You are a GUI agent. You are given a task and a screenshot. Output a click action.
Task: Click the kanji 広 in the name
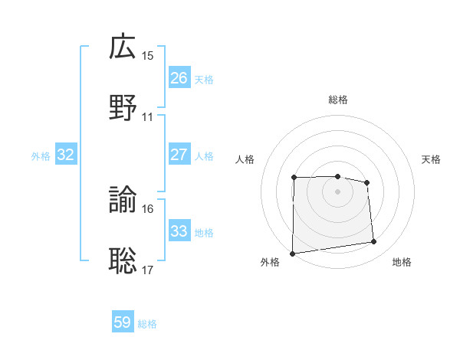(x=123, y=47)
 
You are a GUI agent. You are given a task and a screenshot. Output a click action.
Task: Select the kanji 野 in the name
(x=123, y=108)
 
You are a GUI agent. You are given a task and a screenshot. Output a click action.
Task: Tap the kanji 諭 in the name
(x=123, y=201)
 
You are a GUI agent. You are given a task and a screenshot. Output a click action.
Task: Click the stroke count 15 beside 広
(x=148, y=56)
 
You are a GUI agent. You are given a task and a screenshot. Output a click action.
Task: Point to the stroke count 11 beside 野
(x=148, y=117)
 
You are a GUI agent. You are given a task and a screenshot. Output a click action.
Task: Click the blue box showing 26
(x=179, y=78)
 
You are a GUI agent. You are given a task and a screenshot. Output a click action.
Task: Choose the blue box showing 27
(x=179, y=155)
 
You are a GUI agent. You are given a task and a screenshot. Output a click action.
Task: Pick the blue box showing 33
(x=179, y=231)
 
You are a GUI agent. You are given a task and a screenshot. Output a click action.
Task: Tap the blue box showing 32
(x=66, y=155)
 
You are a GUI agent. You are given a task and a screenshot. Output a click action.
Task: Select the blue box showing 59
(x=123, y=322)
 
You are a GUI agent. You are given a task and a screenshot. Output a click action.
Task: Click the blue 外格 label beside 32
(x=41, y=156)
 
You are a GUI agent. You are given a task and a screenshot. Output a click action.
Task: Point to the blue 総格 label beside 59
(x=147, y=324)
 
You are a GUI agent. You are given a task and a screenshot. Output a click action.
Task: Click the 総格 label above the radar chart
(x=338, y=100)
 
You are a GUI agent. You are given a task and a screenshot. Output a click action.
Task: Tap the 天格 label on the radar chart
(x=431, y=159)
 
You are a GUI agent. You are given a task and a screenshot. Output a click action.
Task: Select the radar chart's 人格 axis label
(x=245, y=159)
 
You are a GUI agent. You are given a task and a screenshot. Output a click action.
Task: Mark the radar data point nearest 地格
(x=374, y=242)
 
